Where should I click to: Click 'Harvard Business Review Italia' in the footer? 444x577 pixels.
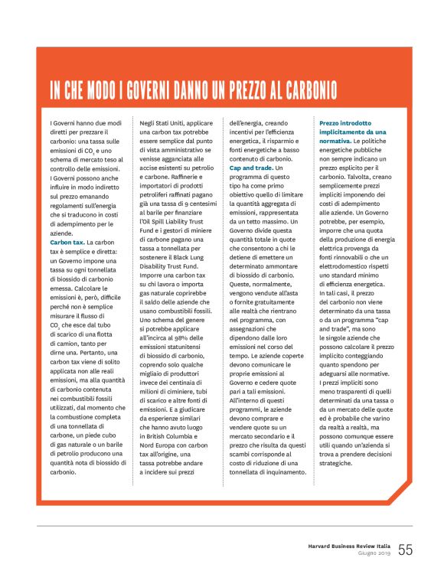[344, 546]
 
